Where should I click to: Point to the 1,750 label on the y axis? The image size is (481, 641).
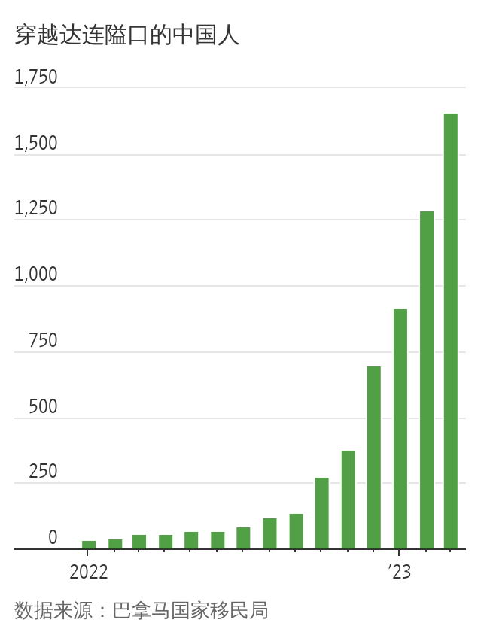pos(35,77)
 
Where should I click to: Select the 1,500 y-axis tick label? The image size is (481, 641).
pos(35,144)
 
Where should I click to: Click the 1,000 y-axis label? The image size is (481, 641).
pos(35,275)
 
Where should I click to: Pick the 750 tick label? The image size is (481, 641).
pos(43,341)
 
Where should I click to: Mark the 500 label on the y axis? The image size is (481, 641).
pos(43,407)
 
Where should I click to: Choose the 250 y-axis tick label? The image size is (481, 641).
pos(43,472)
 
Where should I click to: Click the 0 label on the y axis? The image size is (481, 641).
pos(53,538)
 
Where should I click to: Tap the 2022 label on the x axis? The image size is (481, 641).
pos(89,573)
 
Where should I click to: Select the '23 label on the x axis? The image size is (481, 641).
pos(400,573)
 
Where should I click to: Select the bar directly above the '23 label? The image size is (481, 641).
pos(400,429)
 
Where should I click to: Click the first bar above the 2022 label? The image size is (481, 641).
pos(89,545)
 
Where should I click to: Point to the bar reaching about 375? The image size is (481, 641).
pos(348,500)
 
